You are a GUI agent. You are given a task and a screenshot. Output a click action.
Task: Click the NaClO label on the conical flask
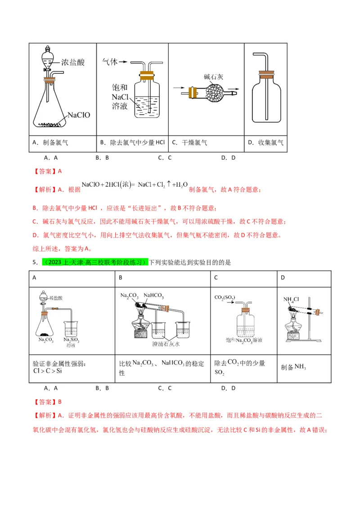coord(79,115)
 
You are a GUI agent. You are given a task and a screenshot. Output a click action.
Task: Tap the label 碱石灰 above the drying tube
coord(213,77)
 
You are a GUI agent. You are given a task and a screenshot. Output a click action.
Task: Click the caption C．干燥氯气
coord(189,143)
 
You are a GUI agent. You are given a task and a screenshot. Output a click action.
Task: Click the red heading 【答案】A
coord(47,171)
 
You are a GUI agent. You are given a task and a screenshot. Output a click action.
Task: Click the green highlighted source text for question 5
coord(94,262)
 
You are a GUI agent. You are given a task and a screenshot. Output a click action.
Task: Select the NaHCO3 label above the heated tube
coord(153,296)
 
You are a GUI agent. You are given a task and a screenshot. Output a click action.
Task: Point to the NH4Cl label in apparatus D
coord(291,299)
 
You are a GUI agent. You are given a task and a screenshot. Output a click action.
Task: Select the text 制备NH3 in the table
coord(293,367)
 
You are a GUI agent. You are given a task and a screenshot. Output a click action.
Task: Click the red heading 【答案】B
coord(47,402)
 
